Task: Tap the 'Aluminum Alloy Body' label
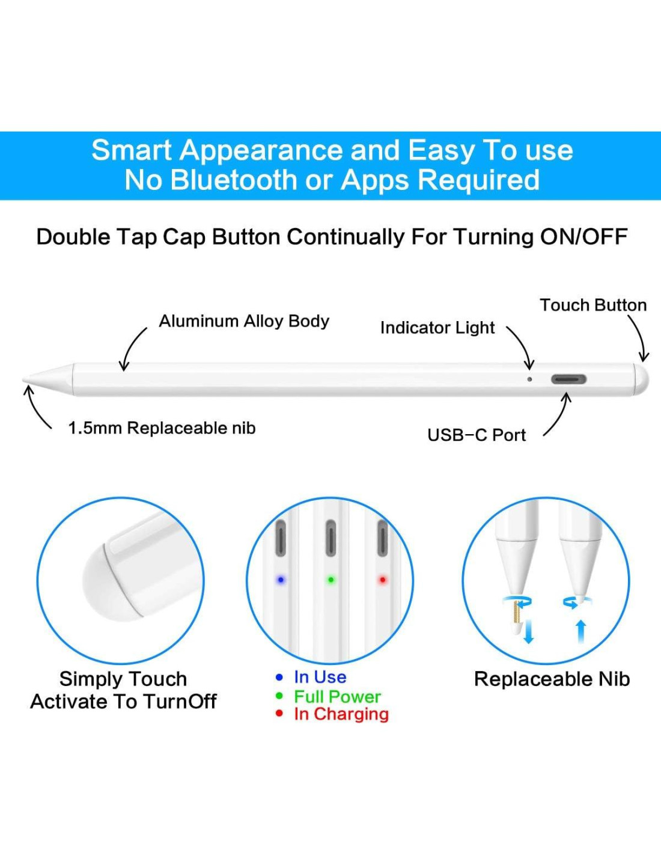(x=244, y=322)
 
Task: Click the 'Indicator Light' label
(x=437, y=328)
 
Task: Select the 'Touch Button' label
(x=593, y=305)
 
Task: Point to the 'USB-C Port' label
(x=477, y=435)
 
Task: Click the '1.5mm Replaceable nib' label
(x=162, y=428)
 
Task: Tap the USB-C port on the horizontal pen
(x=568, y=379)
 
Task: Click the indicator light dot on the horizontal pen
(x=529, y=379)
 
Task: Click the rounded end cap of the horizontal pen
(x=642, y=379)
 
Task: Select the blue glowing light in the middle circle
(x=281, y=580)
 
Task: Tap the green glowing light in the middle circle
(x=330, y=580)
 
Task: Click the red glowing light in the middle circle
(x=382, y=580)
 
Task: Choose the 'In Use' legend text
(x=320, y=678)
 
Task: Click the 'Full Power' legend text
(x=337, y=697)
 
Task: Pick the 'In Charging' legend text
(x=341, y=714)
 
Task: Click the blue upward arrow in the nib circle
(x=582, y=632)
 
